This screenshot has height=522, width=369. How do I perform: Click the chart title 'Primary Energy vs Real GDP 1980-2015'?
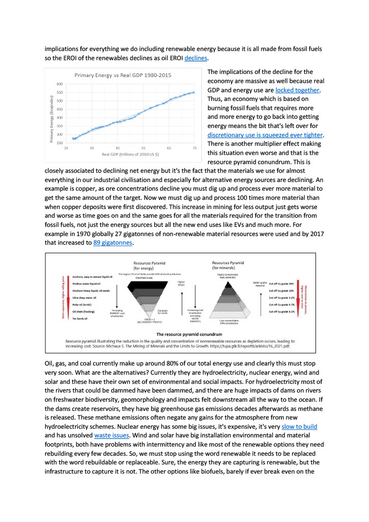point(123,75)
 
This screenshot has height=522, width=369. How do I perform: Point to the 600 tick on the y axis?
point(60,84)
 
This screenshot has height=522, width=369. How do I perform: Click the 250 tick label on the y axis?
point(60,143)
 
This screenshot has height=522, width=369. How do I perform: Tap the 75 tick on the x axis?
point(195,148)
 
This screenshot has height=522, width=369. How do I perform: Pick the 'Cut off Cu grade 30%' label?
point(281,283)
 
